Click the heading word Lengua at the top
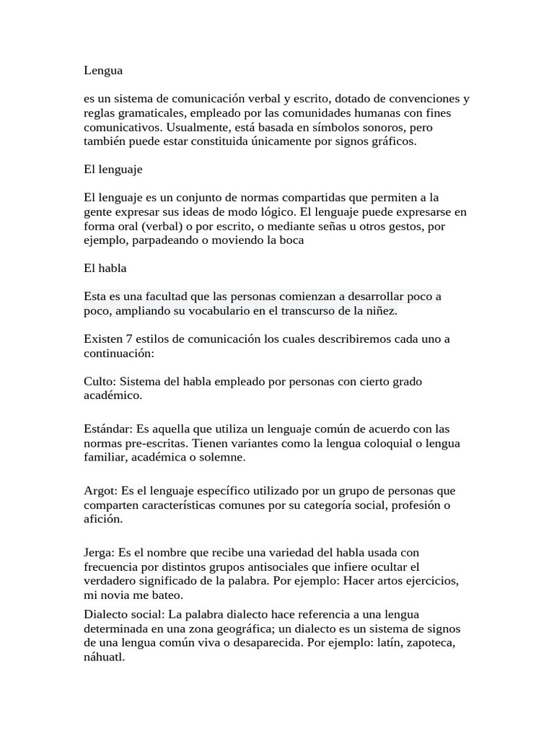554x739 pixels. (103, 71)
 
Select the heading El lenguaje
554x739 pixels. (113, 170)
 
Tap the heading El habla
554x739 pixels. (105, 268)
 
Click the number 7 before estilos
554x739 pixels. (129, 338)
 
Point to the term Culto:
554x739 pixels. (100, 381)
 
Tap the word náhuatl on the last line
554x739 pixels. (104, 657)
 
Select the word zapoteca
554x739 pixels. (431, 643)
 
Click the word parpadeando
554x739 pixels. (167, 240)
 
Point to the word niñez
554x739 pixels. (379, 311)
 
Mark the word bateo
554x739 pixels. (167, 595)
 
